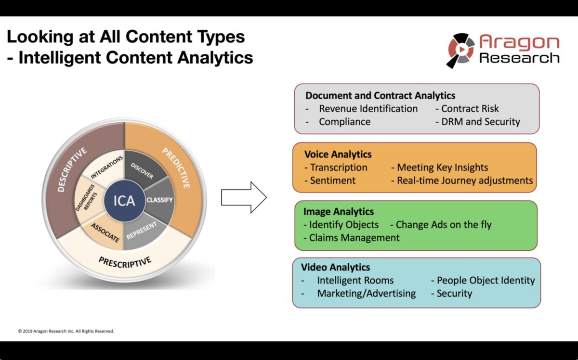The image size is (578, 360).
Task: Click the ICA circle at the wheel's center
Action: click(124, 200)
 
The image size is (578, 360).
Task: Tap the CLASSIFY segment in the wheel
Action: click(159, 200)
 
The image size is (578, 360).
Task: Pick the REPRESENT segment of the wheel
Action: click(142, 231)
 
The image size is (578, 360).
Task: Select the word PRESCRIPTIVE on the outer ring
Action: click(125, 262)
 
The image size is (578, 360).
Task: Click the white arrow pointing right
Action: click(243, 197)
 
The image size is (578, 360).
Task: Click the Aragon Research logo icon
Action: click(460, 51)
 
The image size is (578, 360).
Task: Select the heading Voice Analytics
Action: click(338, 154)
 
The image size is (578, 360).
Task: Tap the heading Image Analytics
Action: click(338, 212)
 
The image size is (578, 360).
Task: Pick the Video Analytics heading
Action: click(335, 267)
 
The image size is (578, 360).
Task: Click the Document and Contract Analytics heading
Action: click(380, 95)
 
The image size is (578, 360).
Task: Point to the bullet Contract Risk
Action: click(470, 109)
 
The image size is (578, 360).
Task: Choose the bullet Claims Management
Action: click(354, 237)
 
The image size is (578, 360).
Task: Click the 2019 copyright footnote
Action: click(66, 331)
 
